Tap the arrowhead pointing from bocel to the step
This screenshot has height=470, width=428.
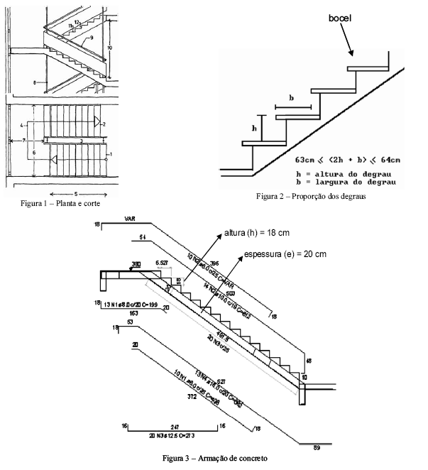(351, 54)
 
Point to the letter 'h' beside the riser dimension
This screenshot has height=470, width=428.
(253, 128)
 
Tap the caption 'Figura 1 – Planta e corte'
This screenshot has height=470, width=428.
(61, 204)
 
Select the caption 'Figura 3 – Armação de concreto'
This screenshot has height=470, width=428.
(215, 459)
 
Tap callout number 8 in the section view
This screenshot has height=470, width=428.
(34, 83)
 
